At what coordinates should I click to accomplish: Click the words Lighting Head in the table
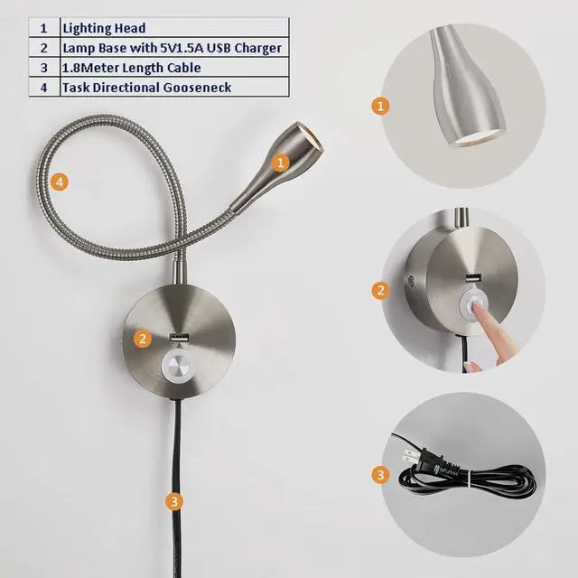tap(104, 28)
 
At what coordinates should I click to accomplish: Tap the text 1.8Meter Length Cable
tap(131, 68)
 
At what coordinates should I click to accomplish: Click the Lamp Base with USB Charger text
tap(172, 48)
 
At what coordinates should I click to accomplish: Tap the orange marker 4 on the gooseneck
tap(60, 182)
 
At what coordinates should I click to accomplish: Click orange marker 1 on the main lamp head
tap(281, 163)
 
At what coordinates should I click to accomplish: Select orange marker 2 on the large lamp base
tap(141, 339)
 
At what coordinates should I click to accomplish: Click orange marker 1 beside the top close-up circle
tap(381, 106)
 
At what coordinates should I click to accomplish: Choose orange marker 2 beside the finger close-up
tap(381, 290)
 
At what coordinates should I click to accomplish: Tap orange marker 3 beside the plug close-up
tap(381, 474)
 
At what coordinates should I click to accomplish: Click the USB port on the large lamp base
tap(178, 339)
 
